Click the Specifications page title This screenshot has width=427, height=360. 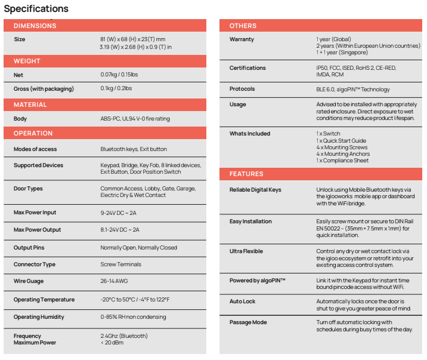pyautogui.click(x=36, y=9)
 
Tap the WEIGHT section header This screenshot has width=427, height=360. pyautogui.click(x=27, y=61)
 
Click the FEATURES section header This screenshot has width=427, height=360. pyautogui.click(x=246, y=174)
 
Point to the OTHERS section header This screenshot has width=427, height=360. pyautogui.click(x=243, y=26)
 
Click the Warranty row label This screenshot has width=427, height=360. pyautogui.click(x=242, y=39)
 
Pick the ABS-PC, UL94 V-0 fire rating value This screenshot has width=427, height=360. pyautogui.click(x=135, y=119)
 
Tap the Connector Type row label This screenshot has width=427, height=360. pyautogui.click(x=35, y=264)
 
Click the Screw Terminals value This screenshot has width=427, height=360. pyautogui.click(x=121, y=264)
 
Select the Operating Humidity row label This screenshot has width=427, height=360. pyautogui.click(x=39, y=317)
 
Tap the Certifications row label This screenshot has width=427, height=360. pyautogui.click(x=247, y=68)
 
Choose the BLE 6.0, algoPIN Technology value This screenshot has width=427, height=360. pyautogui.click(x=353, y=90)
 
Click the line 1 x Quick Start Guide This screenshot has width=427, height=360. pyautogui.click(x=341, y=140)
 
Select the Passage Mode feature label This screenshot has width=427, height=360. pyautogui.click(x=248, y=322)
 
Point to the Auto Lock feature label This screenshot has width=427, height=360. pyautogui.click(x=242, y=301)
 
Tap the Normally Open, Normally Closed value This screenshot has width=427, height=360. pyautogui.click(x=138, y=248)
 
